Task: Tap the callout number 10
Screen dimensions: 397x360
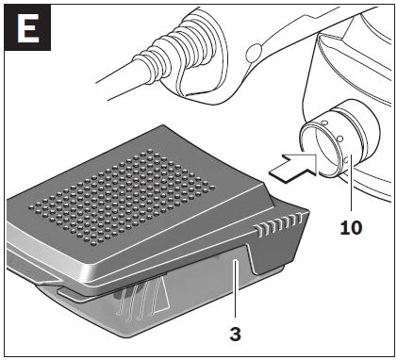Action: pos(351,227)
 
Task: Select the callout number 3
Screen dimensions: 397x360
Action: pos(236,335)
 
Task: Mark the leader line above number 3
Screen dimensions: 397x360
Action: pos(236,288)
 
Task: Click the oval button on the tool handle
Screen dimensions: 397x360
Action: pos(254,53)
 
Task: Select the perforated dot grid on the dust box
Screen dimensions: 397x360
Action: pos(122,196)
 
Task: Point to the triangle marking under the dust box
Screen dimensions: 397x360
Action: pos(160,296)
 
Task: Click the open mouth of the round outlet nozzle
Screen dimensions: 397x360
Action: pos(319,150)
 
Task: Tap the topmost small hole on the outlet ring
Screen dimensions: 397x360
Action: pos(325,123)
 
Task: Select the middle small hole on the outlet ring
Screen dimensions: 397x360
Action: pos(339,139)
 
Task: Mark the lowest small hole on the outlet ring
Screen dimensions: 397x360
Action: pos(346,160)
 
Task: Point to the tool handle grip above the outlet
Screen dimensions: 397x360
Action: pos(283,38)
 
